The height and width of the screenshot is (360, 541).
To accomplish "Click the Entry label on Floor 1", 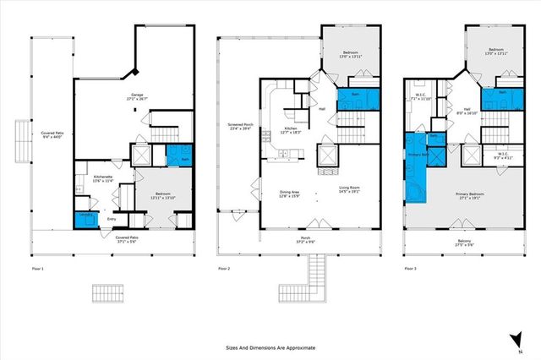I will coord(112,219).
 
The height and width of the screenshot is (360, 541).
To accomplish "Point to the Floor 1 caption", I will coord(36,268).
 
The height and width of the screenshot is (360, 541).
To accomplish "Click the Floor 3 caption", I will coord(410,268).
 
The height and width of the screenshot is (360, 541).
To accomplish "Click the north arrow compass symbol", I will coord(514,340).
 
